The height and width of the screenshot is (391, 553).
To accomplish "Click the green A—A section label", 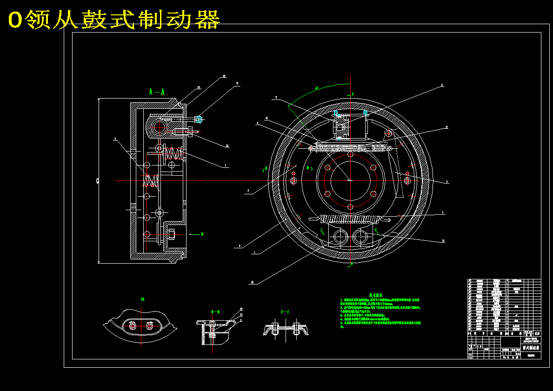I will pos(156,92).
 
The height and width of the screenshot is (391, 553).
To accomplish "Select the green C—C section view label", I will pos(285,311).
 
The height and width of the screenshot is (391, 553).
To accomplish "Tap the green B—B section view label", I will pos(215,311).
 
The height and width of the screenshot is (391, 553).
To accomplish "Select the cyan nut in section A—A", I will pos(200,119).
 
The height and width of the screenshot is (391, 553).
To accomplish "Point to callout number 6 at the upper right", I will pos(442,86).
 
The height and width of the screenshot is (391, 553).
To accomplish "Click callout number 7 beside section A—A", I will pos(225,165).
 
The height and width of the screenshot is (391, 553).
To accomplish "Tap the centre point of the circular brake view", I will pos(350,180).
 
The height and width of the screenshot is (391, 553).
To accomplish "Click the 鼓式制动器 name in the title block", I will pos(530,347).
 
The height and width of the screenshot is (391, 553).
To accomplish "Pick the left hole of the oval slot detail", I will pos(133,326).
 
